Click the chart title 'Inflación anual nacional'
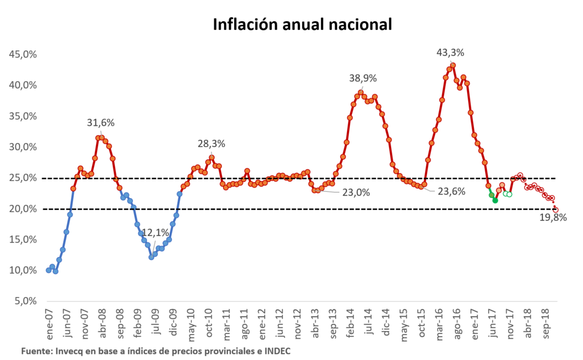coord(302,25)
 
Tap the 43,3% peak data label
coord(451,53)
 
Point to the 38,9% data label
coord(363,78)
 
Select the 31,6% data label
coord(101,123)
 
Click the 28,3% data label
coord(211,144)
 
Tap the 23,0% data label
coord(356,191)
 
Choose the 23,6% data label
coord(451,191)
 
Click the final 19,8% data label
coord(553,218)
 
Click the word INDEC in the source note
coord(278,351)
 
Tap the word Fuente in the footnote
coord(36,351)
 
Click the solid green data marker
coord(495,201)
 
